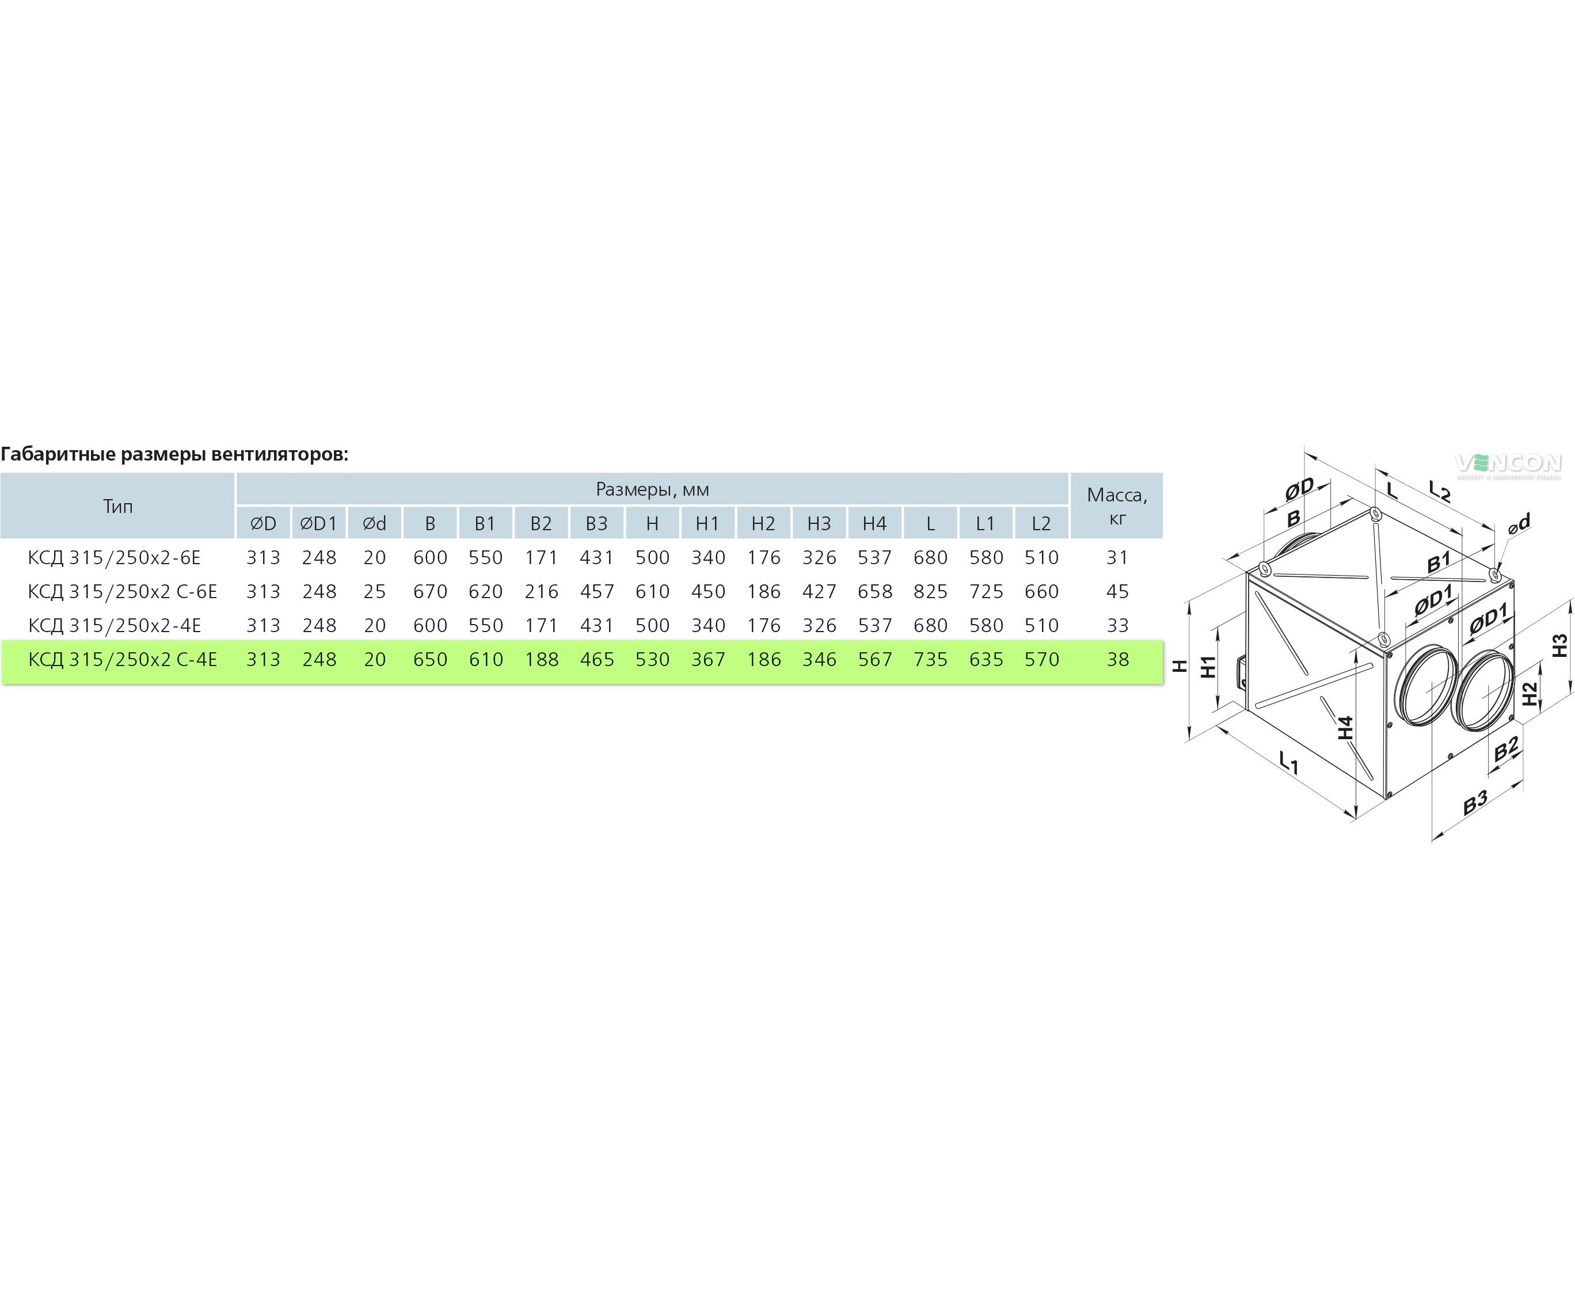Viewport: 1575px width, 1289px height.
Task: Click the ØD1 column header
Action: (318, 523)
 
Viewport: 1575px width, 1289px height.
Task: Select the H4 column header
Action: (875, 523)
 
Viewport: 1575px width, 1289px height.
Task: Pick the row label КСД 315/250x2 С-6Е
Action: (123, 592)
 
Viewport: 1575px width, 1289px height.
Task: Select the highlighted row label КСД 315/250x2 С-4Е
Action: (123, 659)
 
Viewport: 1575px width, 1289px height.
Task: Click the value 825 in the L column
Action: (930, 592)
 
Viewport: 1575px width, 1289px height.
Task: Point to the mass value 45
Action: (1117, 592)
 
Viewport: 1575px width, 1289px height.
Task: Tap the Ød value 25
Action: (375, 592)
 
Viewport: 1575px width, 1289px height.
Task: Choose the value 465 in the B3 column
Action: (597, 659)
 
